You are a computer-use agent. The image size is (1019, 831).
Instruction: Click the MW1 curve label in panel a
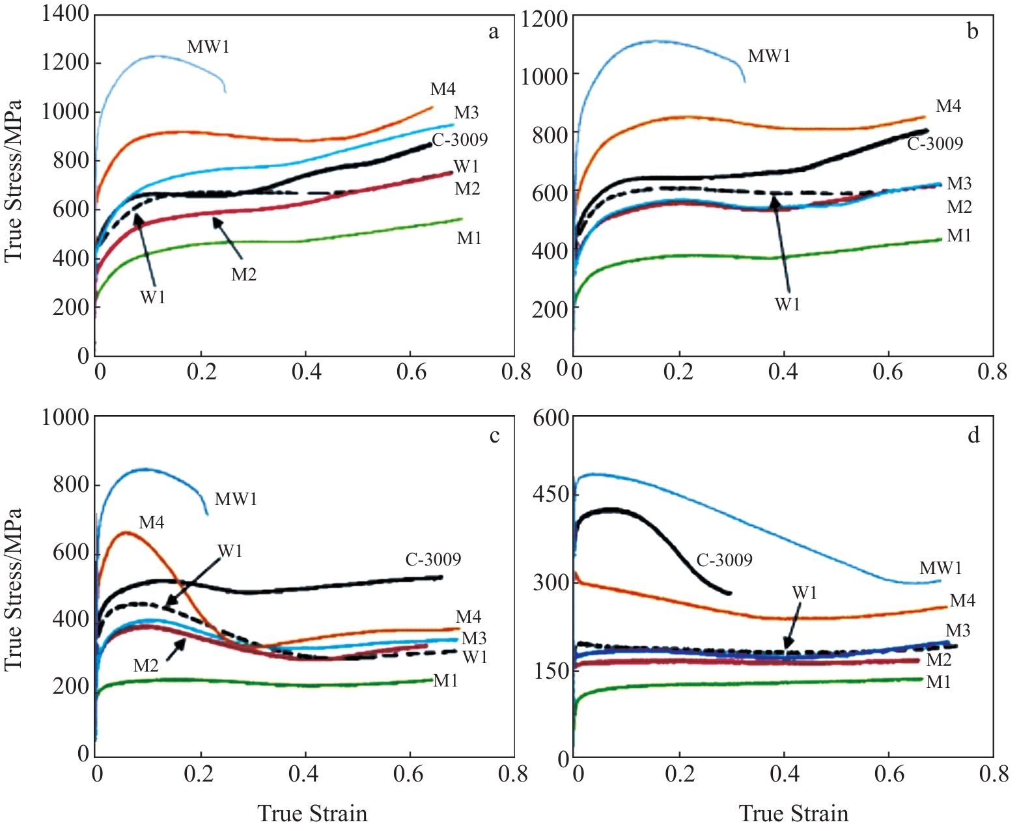pos(208,48)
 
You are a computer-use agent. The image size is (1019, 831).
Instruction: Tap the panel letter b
pos(973,31)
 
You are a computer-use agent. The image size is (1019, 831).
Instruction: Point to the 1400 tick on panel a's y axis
pos(65,13)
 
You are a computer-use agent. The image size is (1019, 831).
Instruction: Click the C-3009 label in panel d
pos(724,560)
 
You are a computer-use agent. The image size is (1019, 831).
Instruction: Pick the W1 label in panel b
pos(787,305)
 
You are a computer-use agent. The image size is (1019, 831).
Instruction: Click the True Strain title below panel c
pos(313,813)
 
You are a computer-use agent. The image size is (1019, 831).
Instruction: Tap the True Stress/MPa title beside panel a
pos(13,181)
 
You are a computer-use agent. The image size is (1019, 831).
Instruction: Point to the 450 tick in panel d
pos(551,495)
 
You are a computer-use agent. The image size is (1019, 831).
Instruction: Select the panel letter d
pos(973,435)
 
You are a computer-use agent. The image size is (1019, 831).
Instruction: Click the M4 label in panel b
pos(948,107)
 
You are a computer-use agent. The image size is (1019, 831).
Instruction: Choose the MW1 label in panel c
pos(236,500)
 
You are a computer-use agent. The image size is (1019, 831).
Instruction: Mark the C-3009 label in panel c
pos(433,560)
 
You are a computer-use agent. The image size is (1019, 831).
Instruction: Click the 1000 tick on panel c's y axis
pos(65,417)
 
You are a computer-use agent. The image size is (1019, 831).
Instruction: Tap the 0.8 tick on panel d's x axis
pos(992,774)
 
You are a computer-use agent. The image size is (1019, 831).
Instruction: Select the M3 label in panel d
pos(958,631)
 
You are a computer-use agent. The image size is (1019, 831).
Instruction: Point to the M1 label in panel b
pos(958,236)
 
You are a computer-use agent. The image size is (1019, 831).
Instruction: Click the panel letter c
pos(494,435)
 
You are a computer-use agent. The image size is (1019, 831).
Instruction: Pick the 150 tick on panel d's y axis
pos(551,670)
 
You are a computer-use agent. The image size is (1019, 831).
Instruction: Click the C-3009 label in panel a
pos(460,140)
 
